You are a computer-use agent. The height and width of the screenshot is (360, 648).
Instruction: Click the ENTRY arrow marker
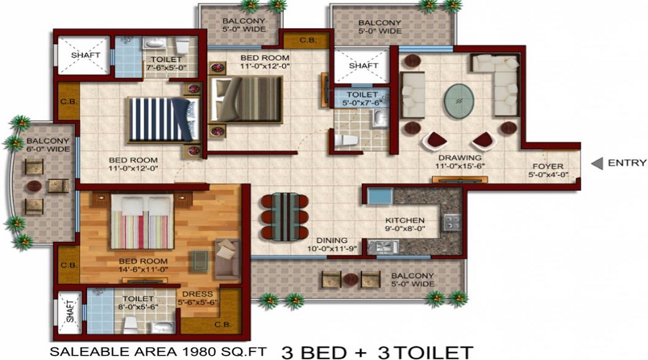point(597,163)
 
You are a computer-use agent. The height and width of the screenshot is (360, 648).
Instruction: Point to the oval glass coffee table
point(459,102)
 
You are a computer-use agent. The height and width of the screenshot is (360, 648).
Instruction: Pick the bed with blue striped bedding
point(162,119)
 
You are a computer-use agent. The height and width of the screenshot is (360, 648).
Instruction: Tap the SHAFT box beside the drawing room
point(363,66)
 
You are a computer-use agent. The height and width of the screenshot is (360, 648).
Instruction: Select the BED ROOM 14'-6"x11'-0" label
point(144,266)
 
